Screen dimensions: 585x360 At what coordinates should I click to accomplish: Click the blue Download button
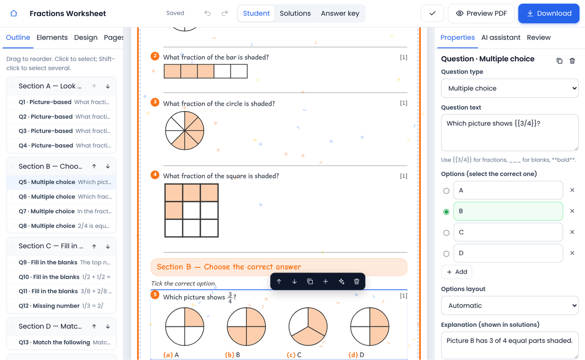pyautogui.click(x=549, y=13)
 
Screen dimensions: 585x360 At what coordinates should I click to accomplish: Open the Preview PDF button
pyautogui.click(x=481, y=13)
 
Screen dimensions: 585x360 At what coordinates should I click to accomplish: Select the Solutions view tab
pyautogui.click(x=295, y=13)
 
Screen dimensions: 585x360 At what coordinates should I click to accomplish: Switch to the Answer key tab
pyautogui.click(x=340, y=13)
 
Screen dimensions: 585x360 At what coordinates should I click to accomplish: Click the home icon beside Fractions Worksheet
pyautogui.click(x=14, y=13)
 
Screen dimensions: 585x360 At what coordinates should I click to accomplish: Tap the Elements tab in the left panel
pyautogui.click(x=52, y=38)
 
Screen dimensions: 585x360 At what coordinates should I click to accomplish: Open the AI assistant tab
pyautogui.click(x=501, y=38)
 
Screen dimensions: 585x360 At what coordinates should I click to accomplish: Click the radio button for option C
pyautogui.click(x=447, y=232)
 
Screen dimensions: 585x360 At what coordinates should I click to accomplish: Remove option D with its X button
pyautogui.click(x=572, y=253)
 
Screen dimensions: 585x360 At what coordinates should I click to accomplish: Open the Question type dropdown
pyautogui.click(x=509, y=88)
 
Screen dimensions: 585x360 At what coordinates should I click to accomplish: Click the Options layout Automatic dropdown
pyautogui.click(x=509, y=305)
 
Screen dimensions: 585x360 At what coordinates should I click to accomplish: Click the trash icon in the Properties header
pyautogui.click(x=572, y=61)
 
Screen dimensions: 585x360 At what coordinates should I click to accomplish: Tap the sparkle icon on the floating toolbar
pyautogui.click(x=341, y=282)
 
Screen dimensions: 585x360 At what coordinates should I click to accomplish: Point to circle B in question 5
pyautogui.click(x=246, y=326)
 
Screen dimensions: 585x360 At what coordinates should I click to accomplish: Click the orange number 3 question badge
pyautogui.click(x=155, y=102)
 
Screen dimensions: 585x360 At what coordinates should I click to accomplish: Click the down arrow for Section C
pyautogui.click(x=108, y=246)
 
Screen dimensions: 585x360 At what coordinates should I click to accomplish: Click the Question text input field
pyautogui.click(x=509, y=133)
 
